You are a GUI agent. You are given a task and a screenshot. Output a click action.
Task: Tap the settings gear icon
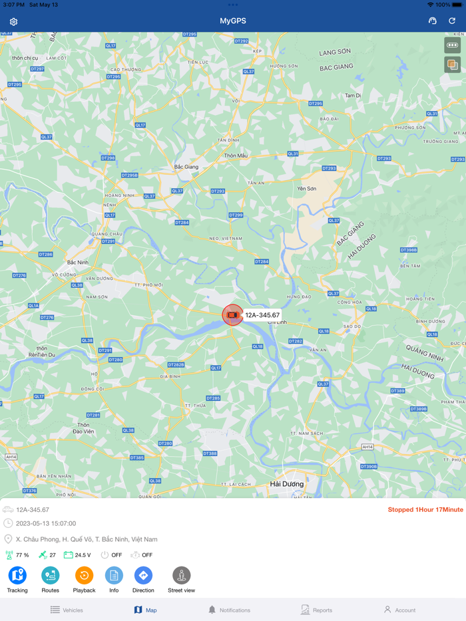coord(13,21)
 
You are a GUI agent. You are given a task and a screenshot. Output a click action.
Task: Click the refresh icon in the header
coord(452,21)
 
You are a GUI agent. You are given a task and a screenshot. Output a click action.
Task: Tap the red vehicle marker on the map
coord(232,314)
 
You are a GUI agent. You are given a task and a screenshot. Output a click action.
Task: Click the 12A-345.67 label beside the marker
coord(262,315)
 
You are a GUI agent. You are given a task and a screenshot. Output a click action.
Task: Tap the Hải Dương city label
coord(287,484)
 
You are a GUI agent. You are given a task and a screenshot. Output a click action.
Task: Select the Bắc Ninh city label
coord(78,263)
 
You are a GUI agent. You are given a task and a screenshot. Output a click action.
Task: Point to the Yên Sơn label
coord(307,189)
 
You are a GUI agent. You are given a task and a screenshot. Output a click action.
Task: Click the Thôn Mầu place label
coord(236,156)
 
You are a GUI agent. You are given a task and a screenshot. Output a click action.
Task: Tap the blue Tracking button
coord(17,575)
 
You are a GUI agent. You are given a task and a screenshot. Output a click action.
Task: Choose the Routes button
coord(50,575)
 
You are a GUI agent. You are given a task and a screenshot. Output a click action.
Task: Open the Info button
coord(114,575)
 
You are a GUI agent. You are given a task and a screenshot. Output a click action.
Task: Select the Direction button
coord(143,575)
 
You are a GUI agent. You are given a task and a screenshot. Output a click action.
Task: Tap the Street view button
coord(181,575)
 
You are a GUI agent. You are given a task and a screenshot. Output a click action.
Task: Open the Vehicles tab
coord(67,610)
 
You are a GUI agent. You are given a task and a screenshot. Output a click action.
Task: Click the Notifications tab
coord(229,610)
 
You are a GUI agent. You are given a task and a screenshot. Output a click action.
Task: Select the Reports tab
coord(316,610)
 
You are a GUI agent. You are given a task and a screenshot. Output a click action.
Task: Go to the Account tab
coord(399,610)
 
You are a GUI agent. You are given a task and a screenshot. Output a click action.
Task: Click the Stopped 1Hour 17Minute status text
coord(425,509)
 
